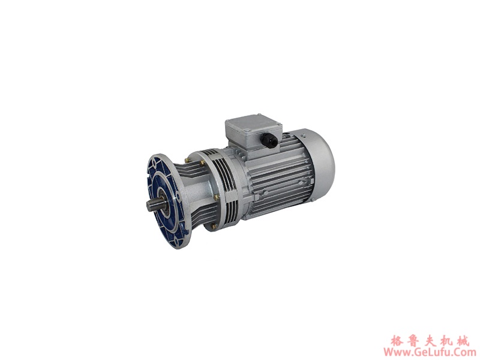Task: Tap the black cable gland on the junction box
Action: [x=270, y=142]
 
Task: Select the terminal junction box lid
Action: [x=252, y=124]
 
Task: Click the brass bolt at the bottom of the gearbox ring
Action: [x=214, y=227]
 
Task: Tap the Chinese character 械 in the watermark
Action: [x=469, y=340]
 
